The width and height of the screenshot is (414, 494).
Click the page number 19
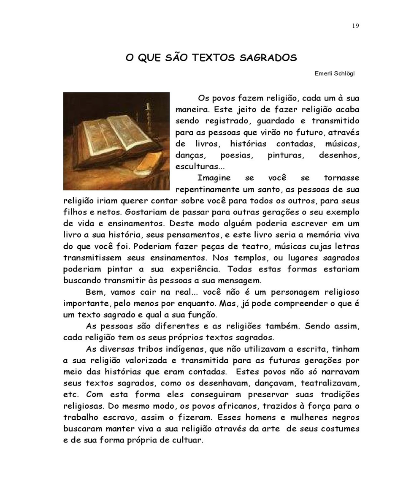pos(355,26)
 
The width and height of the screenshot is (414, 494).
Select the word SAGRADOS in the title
pos(268,58)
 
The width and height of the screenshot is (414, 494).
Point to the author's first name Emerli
pos(324,73)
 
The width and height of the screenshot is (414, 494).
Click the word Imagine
pos(214,178)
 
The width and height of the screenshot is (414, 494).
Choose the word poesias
pos(237,155)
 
